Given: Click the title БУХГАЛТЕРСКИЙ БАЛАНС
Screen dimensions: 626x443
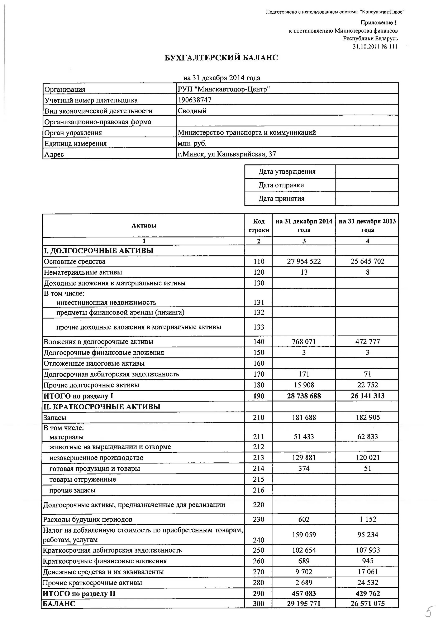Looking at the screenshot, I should click(221, 58).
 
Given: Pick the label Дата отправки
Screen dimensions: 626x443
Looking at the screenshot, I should click(281, 185).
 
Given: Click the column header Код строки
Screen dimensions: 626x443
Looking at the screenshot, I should click(259, 226).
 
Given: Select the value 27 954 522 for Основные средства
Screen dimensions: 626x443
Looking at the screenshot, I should click(304, 261).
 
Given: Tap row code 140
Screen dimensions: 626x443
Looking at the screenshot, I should click(259, 341).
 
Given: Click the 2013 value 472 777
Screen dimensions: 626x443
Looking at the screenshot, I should click(367, 341).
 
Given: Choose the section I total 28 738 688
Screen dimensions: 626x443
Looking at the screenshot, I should click(304, 396).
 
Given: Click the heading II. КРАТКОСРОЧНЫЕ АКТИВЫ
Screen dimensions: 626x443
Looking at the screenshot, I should click(102, 407).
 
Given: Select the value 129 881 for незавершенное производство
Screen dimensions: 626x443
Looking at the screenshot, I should click(304, 458).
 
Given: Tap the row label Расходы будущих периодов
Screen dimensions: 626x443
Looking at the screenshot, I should click(87, 519).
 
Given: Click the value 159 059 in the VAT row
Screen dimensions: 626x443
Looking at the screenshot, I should click(304, 534).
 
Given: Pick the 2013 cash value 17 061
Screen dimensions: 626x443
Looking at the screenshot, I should click(367, 572).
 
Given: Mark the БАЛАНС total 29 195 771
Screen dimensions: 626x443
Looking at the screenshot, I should click(304, 603).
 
